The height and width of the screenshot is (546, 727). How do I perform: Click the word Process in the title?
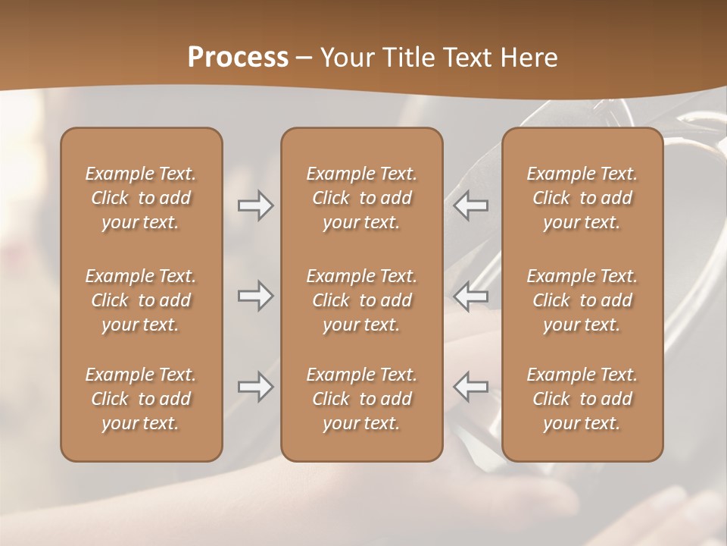(238, 58)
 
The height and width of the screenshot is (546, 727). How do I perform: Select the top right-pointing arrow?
(255, 206)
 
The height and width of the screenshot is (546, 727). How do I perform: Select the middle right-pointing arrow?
(255, 296)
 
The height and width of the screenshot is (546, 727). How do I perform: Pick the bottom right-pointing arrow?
(255, 387)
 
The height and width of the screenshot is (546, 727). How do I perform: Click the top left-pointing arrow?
(471, 206)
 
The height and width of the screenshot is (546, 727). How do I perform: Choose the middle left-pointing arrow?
(471, 296)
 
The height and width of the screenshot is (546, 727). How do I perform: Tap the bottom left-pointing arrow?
(471, 387)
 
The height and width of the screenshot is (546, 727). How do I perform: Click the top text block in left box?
(141, 198)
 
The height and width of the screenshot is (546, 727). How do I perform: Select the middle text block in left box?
(141, 300)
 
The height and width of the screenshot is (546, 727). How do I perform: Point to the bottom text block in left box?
(141, 399)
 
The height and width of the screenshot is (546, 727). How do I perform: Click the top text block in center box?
(361, 198)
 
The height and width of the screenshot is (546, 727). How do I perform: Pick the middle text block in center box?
(361, 300)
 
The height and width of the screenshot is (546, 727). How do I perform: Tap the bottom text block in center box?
(361, 399)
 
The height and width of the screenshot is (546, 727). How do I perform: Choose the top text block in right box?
(582, 198)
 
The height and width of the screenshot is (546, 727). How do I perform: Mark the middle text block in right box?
(582, 300)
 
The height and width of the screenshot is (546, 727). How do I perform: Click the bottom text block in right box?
(582, 399)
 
